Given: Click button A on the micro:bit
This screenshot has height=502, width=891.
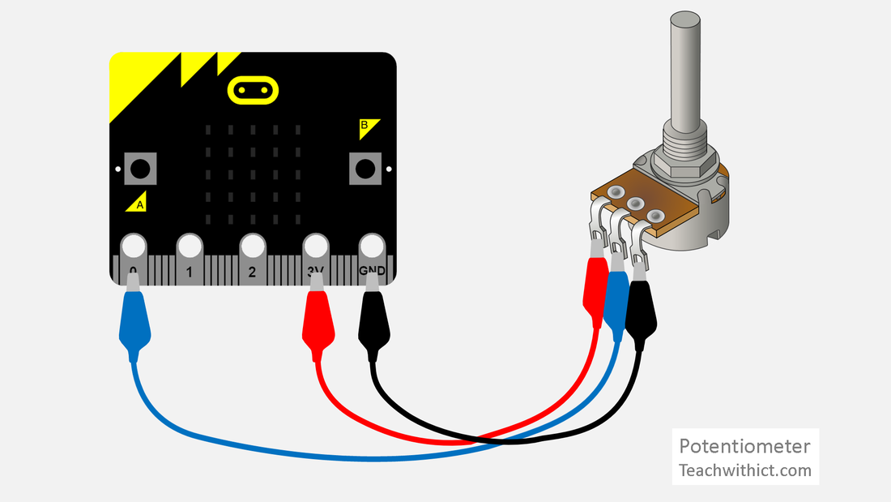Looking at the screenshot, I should click(140, 169).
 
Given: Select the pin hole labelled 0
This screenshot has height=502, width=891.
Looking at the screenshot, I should click(132, 245).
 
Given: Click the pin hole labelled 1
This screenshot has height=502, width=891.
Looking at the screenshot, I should click(190, 245).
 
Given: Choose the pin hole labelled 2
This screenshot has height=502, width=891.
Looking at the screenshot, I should click(252, 245).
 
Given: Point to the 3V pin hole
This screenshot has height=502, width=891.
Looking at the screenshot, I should click(314, 245).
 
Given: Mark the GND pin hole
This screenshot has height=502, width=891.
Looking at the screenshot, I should click(372, 245).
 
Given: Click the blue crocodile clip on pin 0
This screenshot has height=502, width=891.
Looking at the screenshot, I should click(134, 321).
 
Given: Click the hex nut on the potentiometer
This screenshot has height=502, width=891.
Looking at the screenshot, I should click(684, 162).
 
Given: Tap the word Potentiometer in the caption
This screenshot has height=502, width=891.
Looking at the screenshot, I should click(744, 446).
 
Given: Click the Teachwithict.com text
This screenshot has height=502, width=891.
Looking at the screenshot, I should click(744, 470).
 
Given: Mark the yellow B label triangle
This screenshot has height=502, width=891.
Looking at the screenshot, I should click(369, 127).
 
